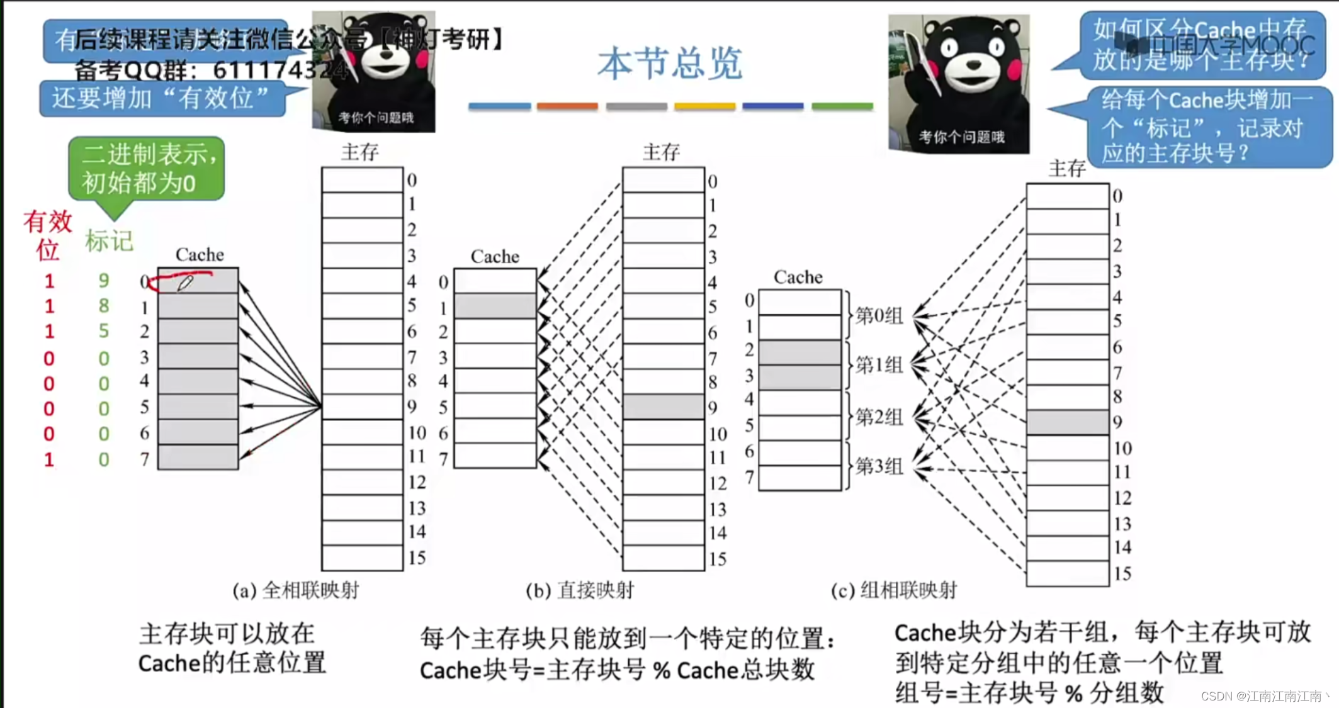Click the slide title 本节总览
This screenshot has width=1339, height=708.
click(x=670, y=63)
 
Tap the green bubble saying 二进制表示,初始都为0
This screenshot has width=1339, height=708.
click(x=147, y=168)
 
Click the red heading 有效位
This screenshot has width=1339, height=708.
click(x=47, y=235)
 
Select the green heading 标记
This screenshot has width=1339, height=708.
click(x=109, y=240)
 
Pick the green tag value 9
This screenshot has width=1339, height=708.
click(x=104, y=280)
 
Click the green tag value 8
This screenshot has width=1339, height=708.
click(x=104, y=306)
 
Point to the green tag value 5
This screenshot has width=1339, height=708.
click(x=104, y=331)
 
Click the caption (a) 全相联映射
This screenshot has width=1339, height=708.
click(x=295, y=590)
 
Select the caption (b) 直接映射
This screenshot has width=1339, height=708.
click(x=580, y=590)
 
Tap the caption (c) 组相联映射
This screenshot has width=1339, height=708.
click(x=893, y=590)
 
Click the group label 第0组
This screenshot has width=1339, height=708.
click(x=879, y=315)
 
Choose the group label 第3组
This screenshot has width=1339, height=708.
click(x=879, y=466)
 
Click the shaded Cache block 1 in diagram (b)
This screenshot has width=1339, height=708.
click(x=495, y=306)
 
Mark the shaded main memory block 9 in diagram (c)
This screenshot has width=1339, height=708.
click(x=1067, y=422)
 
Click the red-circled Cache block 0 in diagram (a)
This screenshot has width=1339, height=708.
click(x=198, y=281)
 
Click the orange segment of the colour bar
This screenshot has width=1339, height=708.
click(x=567, y=106)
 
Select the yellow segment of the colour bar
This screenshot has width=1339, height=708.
click(x=704, y=106)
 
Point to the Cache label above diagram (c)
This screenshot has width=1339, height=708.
click(x=798, y=277)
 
